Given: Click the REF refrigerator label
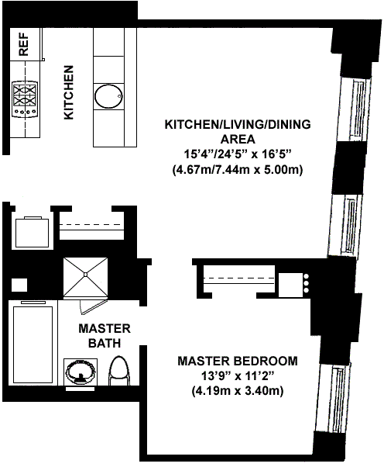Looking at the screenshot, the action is tap(24, 44).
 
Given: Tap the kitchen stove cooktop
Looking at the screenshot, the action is tap(25, 99).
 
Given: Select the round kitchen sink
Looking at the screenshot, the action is tap(108, 96).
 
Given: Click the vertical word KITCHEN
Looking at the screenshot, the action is tap(69, 92).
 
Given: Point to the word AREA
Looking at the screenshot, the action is tap(238, 139).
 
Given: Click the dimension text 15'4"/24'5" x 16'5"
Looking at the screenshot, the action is tap(238, 154).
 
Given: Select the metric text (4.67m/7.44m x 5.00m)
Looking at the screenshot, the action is tap(238, 170).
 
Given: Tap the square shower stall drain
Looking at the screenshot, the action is tap(85, 274).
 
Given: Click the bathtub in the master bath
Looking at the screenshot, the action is tap(33, 343).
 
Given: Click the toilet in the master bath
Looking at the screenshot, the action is tap(119, 371).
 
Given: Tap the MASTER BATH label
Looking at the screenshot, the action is tap(105, 336).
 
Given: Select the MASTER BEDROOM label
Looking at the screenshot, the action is tap(238, 361).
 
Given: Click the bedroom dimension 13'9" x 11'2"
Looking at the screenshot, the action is tap(238, 376).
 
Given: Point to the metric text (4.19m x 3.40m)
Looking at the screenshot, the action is tap(238, 391).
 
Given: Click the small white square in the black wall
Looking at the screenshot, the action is tap(19, 285).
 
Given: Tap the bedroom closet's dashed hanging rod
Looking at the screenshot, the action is tap(238, 278).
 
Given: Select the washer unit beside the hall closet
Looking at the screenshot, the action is tap(32, 232).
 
